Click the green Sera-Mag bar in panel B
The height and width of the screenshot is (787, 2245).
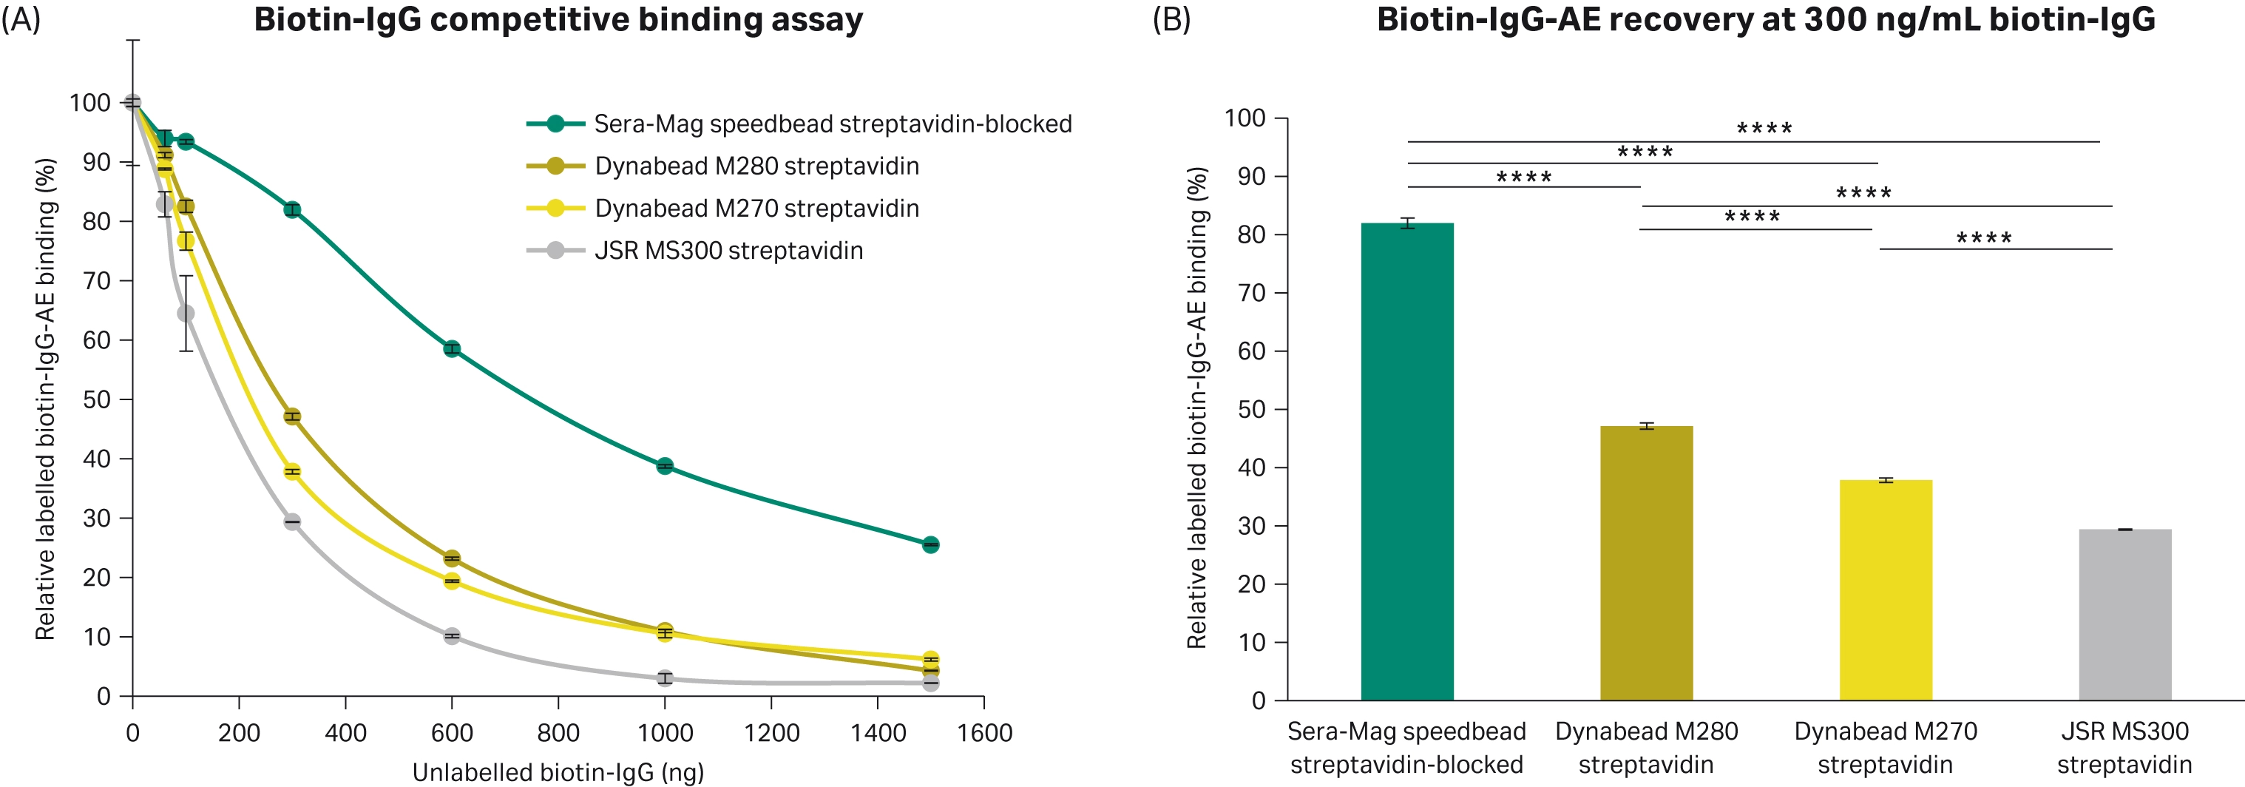[x=1406, y=462]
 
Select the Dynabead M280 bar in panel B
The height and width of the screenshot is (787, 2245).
[x=1645, y=563]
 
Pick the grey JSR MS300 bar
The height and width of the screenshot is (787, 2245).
[x=2124, y=615]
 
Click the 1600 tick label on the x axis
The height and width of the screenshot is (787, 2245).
[x=984, y=733]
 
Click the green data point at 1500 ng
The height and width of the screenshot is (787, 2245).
[x=930, y=544]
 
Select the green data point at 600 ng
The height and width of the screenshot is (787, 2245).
[x=451, y=348]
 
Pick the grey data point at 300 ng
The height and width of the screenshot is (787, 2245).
[x=292, y=522]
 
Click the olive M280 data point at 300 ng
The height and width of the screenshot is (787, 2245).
[x=292, y=416]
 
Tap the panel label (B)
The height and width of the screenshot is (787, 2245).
[x=1171, y=19]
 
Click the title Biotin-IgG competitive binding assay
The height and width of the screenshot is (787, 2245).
[x=558, y=19]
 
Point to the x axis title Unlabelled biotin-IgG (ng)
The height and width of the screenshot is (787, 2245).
[x=558, y=772]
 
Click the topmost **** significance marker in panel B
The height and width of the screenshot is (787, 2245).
[x=1764, y=129]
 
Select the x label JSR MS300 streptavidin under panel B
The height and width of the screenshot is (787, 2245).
[x=2124, y=748]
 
